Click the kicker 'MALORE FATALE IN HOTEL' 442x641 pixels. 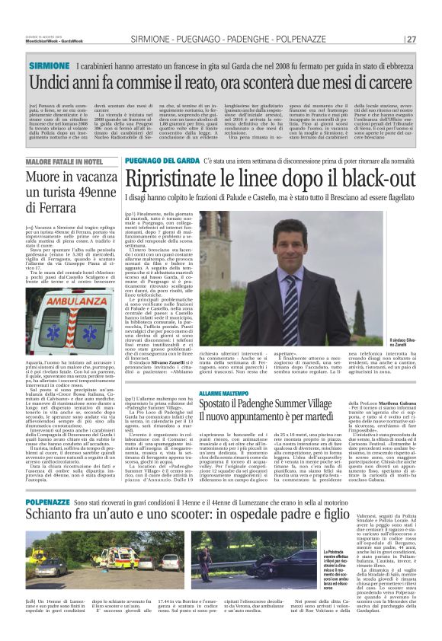coord(64,163)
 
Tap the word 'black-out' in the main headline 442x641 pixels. coord(379,179)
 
